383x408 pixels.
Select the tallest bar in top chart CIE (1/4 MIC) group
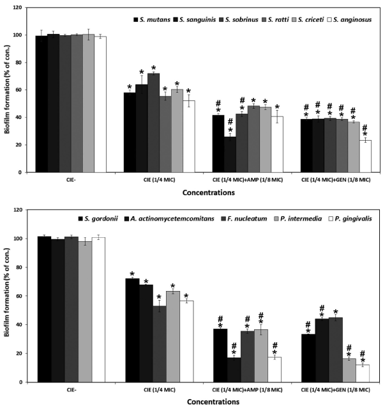(x=153, y=123)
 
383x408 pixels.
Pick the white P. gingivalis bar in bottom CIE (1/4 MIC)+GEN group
(x=363, y=373)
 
